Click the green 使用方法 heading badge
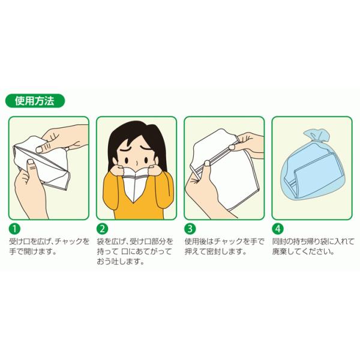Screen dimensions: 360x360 [x=35, y=101]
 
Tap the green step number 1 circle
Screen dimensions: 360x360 [x=14, y=229]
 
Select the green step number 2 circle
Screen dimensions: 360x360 [x=103, y=229]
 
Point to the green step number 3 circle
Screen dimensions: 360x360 [x=190, y=229]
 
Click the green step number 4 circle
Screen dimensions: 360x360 [x=278, y=229]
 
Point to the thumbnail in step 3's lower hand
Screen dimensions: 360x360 [x=207, y=163]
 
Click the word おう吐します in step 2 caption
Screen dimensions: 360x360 [x=121, y=262]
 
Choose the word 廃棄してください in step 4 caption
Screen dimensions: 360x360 [x=303, y=251]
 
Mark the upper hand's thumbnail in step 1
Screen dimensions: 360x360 [x=40, y=149]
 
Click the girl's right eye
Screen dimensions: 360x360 [x=146, y=158]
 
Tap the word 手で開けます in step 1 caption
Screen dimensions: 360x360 [x=33, y=251]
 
